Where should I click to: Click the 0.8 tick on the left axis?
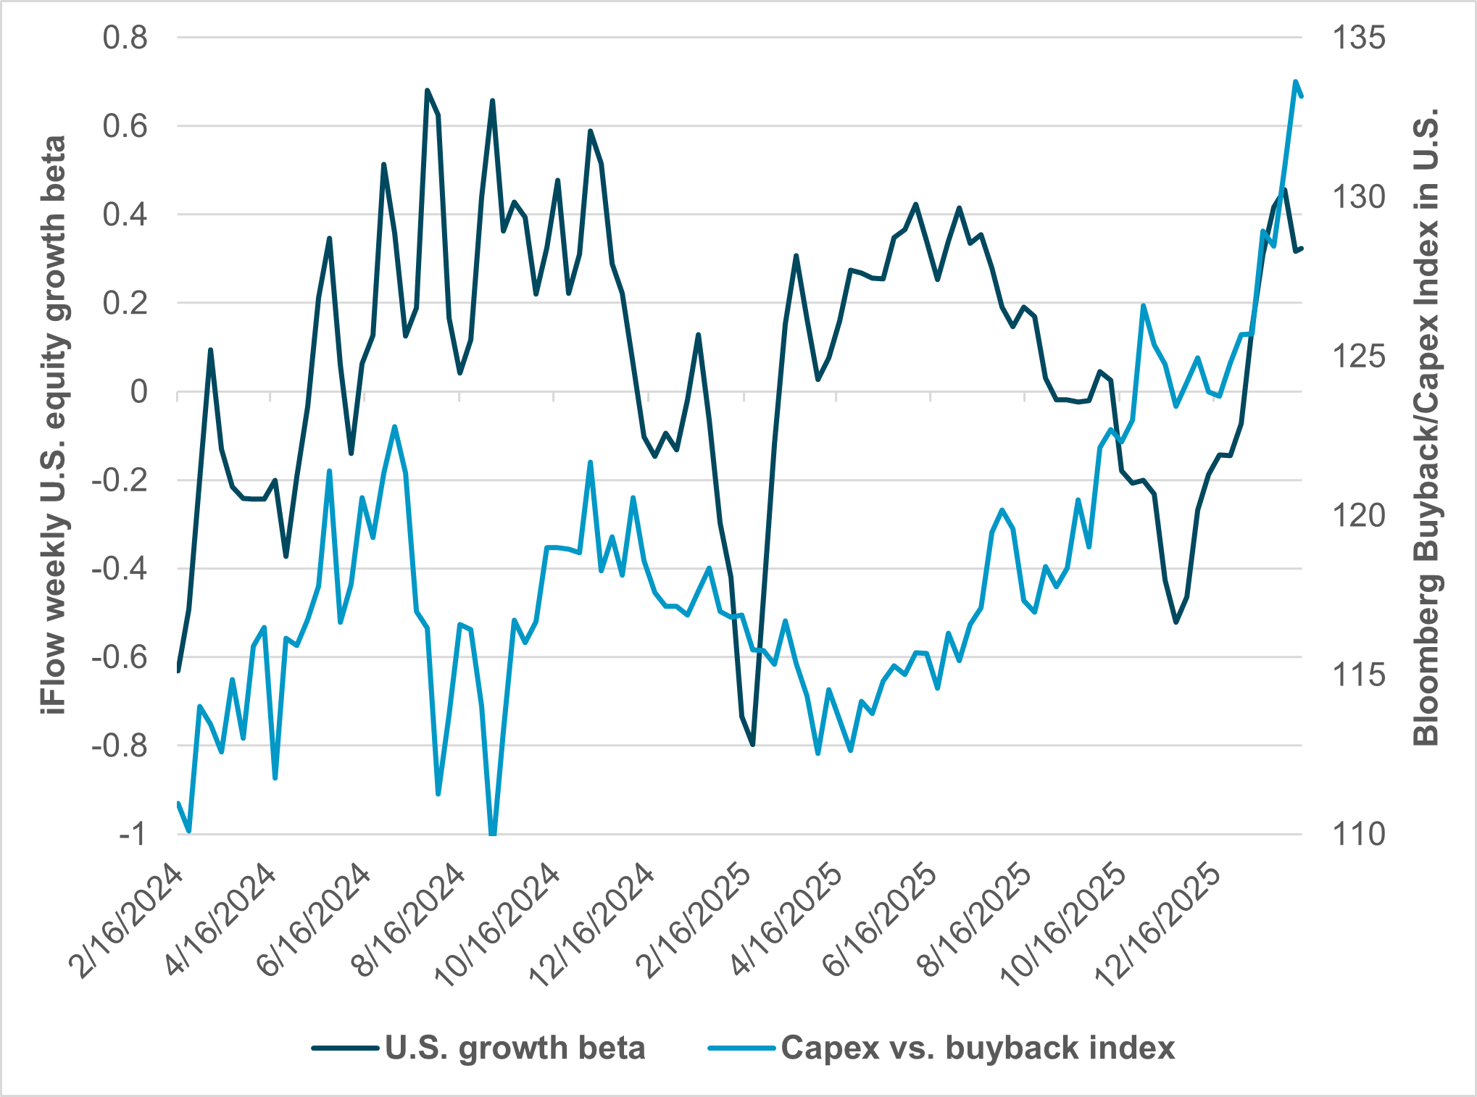125,38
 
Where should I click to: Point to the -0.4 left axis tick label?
119,569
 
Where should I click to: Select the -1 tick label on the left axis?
132,835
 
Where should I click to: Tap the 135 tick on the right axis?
1358,38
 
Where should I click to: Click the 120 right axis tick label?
1358,516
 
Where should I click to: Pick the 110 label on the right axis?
1358,835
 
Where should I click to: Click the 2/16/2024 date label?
128,920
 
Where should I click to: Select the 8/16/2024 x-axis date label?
409,920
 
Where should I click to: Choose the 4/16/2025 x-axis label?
787,920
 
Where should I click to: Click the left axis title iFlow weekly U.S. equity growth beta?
55,425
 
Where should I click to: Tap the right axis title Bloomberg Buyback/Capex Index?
1425,427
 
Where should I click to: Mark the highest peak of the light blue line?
1295,81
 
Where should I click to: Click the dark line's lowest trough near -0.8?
753,744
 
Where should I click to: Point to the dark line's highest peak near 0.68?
427,91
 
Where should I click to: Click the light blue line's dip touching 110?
493,833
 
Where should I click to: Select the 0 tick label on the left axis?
138,392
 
